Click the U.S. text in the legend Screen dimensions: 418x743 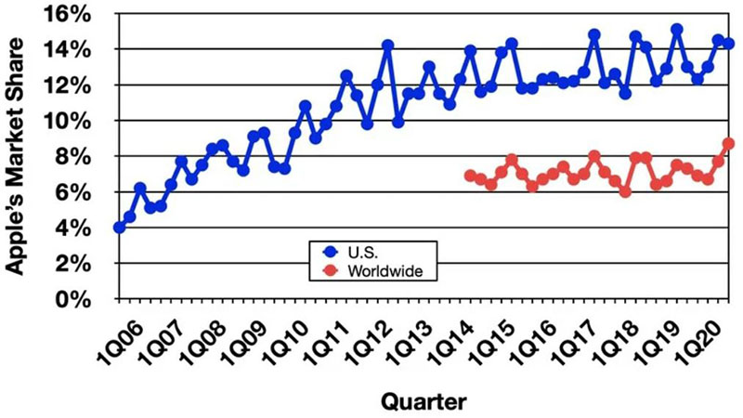coord(362,251)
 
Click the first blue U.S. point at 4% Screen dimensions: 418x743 coord(119,228)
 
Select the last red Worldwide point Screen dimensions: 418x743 coord(729,144)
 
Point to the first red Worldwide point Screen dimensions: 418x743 coord(470,176)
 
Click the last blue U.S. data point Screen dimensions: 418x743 coord(729,44)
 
